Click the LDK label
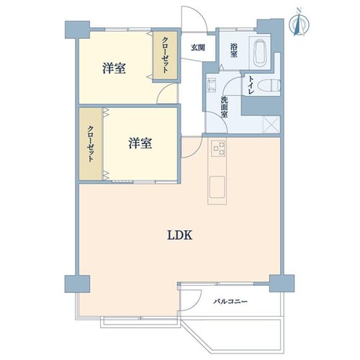coord(179,235)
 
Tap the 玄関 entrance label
coord(198,48)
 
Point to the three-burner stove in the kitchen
coord(218,148)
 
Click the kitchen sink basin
coord(217,187)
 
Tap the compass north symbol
coord(299,23)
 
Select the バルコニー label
coord(230,301)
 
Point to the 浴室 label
coord(233,50)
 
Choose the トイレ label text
coord(251,85)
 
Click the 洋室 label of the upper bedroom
coord(114,68)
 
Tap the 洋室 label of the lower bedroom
coord(140,143)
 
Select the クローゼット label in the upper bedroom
coord(166,55)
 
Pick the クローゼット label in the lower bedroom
coord(91,143)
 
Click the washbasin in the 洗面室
coord(212,85)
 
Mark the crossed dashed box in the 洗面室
coord(271,124)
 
